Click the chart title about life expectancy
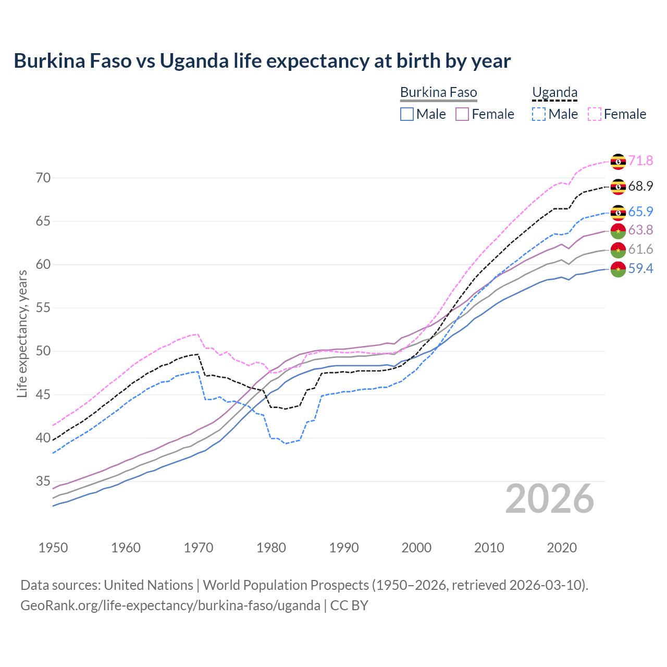coord(262,61)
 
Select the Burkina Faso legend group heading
coord(438,93)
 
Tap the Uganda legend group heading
coord(554,93)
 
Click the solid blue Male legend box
coord(407,114)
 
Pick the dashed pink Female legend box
coord(595,114)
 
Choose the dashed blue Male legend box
coord(539,114)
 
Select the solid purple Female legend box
coord(462,114)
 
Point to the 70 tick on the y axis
coord(43,178)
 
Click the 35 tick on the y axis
coord(43,481)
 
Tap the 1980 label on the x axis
coord(271,548)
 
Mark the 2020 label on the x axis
coord(562,548)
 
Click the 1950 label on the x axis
coord(53,548)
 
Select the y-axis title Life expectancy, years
coord(22,333)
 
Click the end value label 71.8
coord(640,160)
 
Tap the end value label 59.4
coord(640,268)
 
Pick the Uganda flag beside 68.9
coord(618,187)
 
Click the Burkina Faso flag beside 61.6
coord(618,250)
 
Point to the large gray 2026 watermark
coord(550,499)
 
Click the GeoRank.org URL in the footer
coord(170,606)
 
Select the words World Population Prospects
coord(286,585)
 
